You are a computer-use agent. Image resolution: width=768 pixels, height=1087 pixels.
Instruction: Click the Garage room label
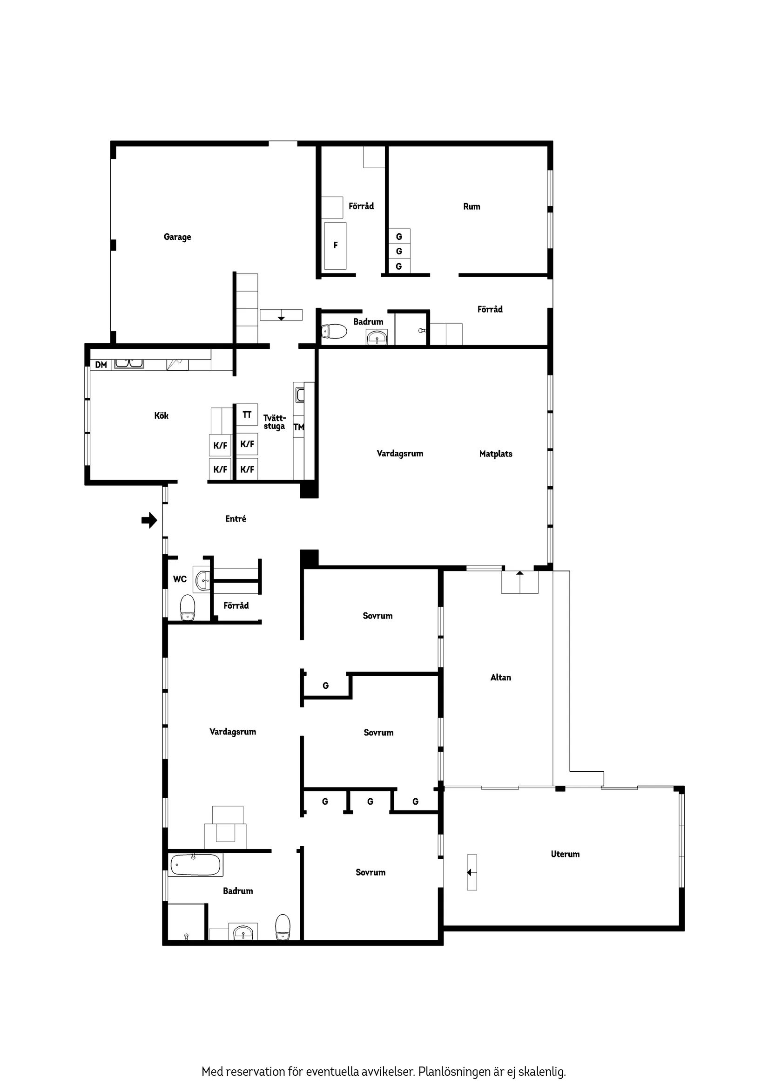(x=177, y=237)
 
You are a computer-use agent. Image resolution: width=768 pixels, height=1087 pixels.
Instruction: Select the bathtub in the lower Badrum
(x=195, y=865)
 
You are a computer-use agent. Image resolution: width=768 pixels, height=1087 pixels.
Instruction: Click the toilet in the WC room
(x=188, y=607)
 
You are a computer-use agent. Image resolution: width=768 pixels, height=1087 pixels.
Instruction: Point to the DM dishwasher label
(x=101, y=365)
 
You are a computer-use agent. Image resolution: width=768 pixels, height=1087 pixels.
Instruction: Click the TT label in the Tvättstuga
(x=247, y=414)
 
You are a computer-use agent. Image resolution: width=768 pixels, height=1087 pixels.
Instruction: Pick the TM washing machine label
(x=298, y=427)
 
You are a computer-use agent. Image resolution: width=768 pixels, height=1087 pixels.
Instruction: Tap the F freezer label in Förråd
(x=336, y=245)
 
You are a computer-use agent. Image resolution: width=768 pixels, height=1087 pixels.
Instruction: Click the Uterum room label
(x=565, y=854)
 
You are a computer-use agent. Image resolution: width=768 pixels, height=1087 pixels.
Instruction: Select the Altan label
(x=501, y=678)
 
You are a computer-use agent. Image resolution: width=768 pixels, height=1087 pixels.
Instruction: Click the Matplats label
(x=495, y=454)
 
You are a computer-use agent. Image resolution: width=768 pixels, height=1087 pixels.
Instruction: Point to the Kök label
(x=162, y=416)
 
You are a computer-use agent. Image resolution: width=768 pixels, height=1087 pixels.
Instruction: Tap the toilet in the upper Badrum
(x=334, y=332)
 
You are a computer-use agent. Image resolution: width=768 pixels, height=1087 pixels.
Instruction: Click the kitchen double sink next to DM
(x=129, y=363)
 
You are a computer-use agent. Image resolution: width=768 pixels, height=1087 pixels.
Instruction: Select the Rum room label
(x=472, y=206)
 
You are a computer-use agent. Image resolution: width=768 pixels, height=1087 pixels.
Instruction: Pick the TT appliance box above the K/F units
(x=247, y=414)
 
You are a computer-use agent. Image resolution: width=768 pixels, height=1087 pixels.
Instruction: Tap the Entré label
(x=236, y=519)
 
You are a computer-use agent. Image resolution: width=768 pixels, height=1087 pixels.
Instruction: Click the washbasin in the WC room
(x=203, y=579)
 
